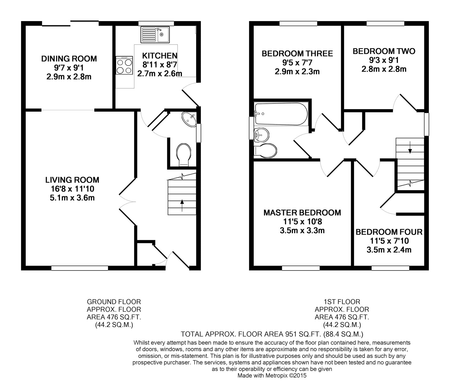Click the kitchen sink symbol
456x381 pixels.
click(x=155, y=35)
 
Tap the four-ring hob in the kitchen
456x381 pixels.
click(x=125, y=65)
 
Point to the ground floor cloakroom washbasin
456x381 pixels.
click(x=189, y=119)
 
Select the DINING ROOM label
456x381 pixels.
click(x=69, y=59)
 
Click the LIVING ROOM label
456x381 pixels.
click(x=72, y=180)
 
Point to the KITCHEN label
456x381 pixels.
click(x=160, y=55)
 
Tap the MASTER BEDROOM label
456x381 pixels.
click(x=302, y=212)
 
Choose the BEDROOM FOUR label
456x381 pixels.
click(x=389, y=232)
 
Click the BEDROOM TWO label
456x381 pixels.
click(x=384, y=51)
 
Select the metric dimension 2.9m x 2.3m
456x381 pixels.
click(x=297, y=71)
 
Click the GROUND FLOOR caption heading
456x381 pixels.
click(x=114, y=302)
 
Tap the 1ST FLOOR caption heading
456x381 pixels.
click(x=342, y=302)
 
